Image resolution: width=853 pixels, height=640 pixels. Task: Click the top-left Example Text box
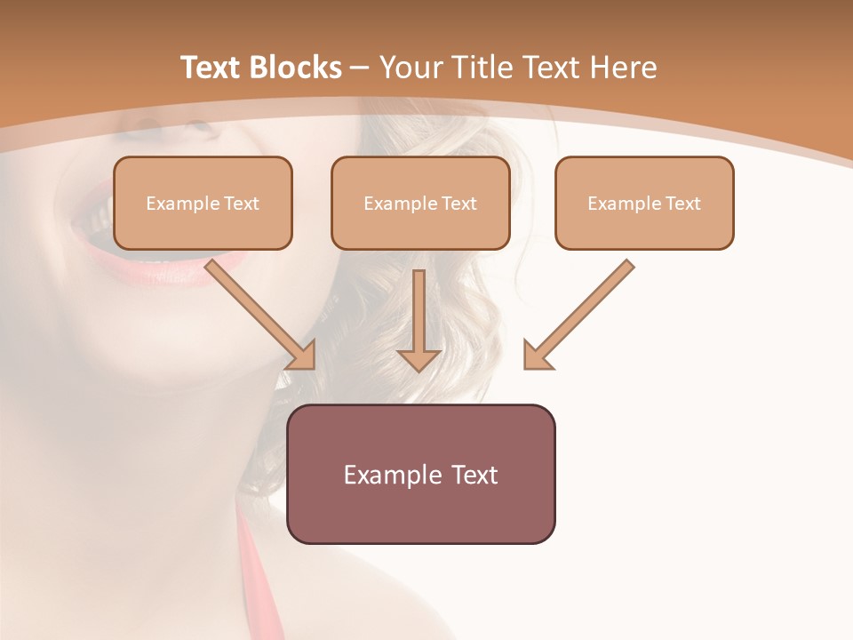[203, 203]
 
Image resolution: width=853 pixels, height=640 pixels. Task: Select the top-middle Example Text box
[420, 203]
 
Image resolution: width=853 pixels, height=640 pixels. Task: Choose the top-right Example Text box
[644, 203]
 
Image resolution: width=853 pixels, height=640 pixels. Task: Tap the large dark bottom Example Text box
[420, 474]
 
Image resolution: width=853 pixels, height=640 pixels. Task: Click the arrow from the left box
[258, 311]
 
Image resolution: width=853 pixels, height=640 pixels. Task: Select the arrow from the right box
[582, 311]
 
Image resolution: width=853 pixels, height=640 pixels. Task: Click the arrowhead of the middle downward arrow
[419, 359]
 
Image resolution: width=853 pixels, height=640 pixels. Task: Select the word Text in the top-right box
[683, 204]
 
